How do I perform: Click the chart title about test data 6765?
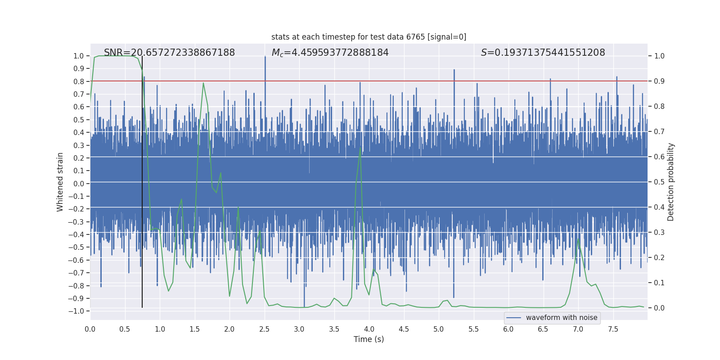pos(369,37)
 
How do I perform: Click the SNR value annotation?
pos(169,53)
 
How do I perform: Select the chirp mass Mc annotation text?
pos(330,53)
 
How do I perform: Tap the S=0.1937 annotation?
pos(543,53)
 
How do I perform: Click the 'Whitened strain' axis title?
pos(60,182)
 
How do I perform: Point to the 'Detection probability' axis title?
pos(671,182)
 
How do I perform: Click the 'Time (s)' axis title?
pos(369,339)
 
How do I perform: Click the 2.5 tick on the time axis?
pos(264,329)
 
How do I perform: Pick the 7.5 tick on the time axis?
pos(613,329)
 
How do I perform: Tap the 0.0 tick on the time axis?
pos(90,329)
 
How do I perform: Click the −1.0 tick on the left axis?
pos(78,311)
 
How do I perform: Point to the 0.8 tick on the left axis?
pos(79,81)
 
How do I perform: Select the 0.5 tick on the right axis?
pos(659,182)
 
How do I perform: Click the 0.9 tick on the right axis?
pos(659,81)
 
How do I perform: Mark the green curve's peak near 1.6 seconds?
pos(203,83)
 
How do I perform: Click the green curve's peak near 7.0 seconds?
pos(578,238)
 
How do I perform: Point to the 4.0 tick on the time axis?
pos(369,329)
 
